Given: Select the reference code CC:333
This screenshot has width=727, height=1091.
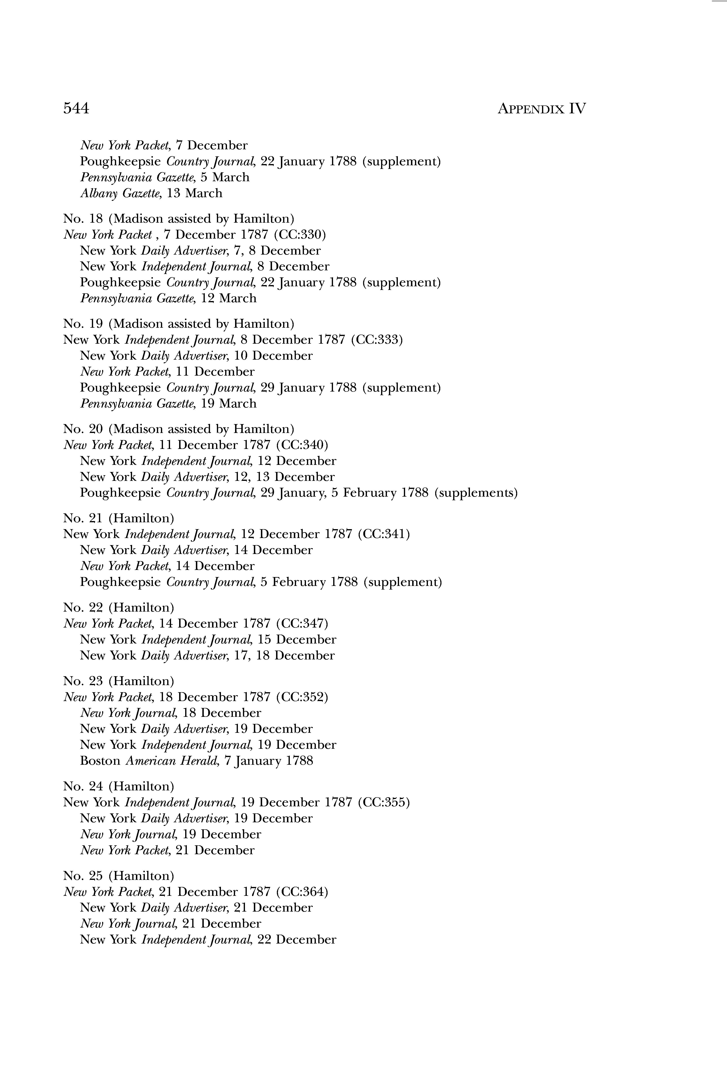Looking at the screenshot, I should (x=377, y=340).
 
